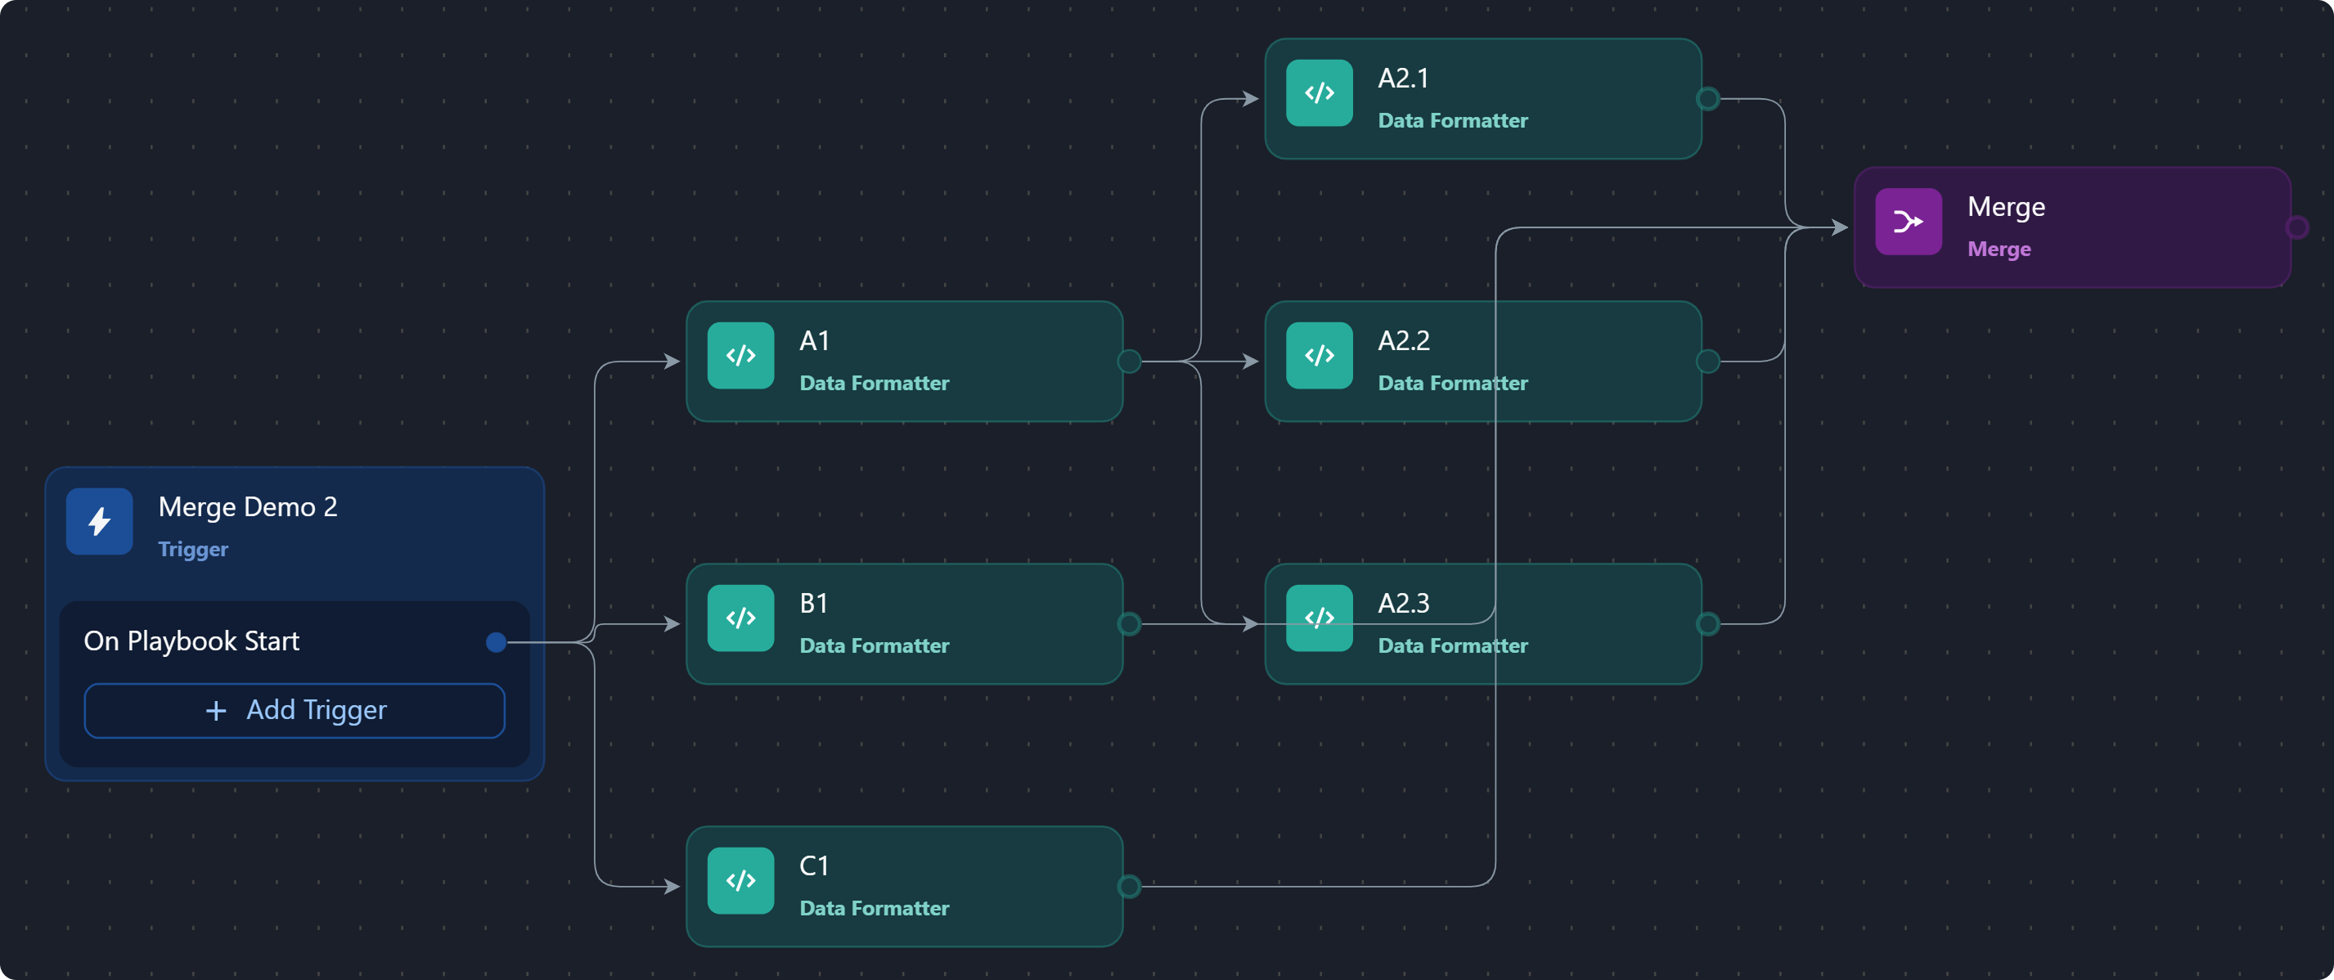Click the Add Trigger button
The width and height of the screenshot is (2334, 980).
click(x=295, y=711)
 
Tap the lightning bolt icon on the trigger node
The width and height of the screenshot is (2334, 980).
click(x=100, y=522)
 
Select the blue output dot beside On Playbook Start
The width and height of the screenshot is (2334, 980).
click(x=496, y=642)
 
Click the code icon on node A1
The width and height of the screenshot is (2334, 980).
click(x=740, y=356)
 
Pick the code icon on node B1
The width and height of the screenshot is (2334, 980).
click(x=740, y=618)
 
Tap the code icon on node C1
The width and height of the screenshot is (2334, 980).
click(x=740, y=881)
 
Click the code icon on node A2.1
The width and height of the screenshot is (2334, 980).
click(x=1320, y=93)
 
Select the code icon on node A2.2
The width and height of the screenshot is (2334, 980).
click(x=1320, y=356)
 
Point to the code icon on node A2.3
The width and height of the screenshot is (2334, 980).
click(x=1320, y=618)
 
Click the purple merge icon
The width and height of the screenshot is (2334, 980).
click(x=1908, y=222)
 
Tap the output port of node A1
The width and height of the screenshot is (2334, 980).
click(x=1129, y=362)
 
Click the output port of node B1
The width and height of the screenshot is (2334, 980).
click(x=1129, y=624)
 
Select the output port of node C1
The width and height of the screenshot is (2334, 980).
click(x=1129, y=887)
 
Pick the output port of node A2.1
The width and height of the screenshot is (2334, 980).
click(x=1708, y=99)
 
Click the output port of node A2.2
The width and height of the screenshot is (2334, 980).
click(x=1708, y=362)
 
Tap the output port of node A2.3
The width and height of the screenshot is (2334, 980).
click(x=1708, y=624)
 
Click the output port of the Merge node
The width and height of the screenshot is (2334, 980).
click(x=2297, y=227)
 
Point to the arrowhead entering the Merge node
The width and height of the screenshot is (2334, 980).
click(x=1839, y=227)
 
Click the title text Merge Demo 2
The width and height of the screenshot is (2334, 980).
click(x=247, y=507)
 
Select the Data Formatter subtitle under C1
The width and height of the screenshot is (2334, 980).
click(x=875, y=909)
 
